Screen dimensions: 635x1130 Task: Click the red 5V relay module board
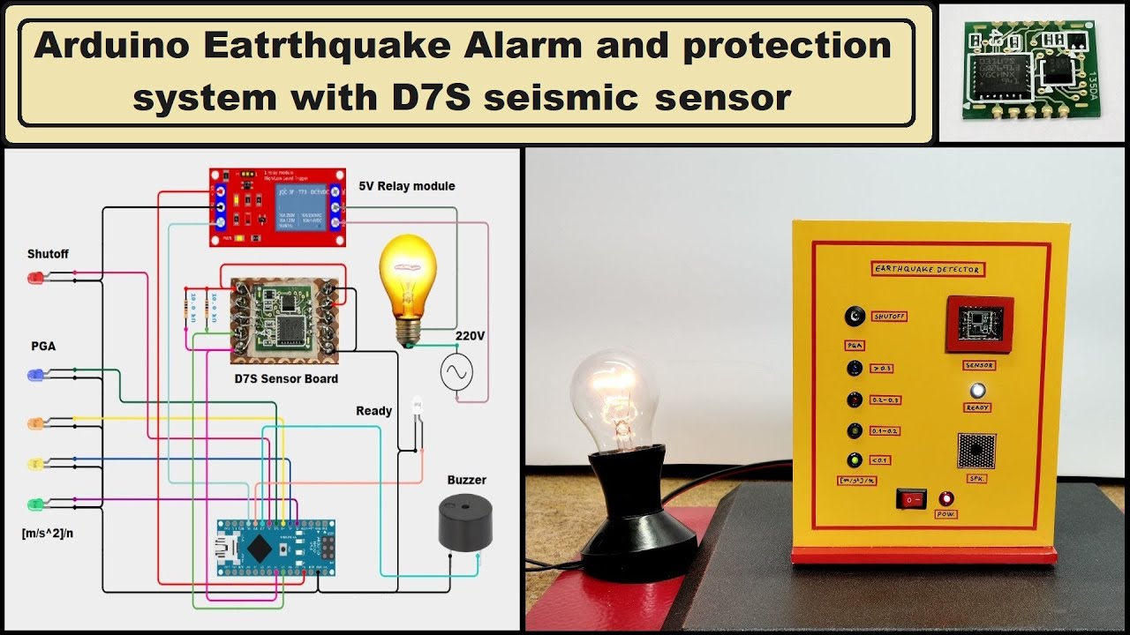click(277, 207)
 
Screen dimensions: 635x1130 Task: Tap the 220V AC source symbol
click(457, 372)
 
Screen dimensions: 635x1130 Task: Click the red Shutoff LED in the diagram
click(36, 279)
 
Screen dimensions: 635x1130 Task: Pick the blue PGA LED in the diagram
click(36, 375)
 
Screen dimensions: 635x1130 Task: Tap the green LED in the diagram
click(36, 504)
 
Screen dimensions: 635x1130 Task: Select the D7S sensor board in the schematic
click(285, 321)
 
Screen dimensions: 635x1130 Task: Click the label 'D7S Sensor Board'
click(286, 379)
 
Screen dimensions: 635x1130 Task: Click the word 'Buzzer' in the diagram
click(466, 481)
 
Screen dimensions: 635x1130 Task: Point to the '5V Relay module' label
click(407, 186)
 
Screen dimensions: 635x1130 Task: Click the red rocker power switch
click(910, 498)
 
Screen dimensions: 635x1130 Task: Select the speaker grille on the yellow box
click(976, 451)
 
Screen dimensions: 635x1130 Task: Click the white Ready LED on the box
click(977, 391)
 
